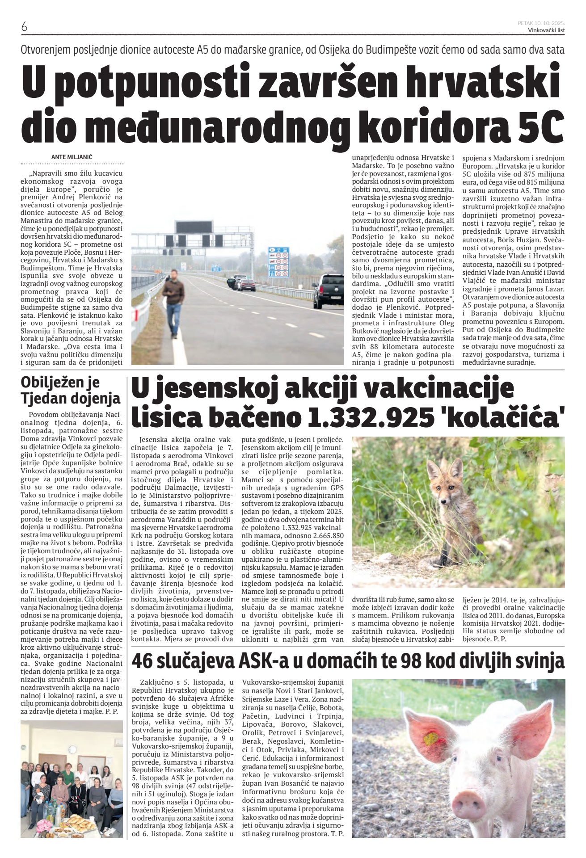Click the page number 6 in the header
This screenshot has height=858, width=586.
click(24, 27)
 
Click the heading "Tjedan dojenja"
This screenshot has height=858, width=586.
click(71, 397)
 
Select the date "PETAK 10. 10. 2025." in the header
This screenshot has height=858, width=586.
click(541, 22)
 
